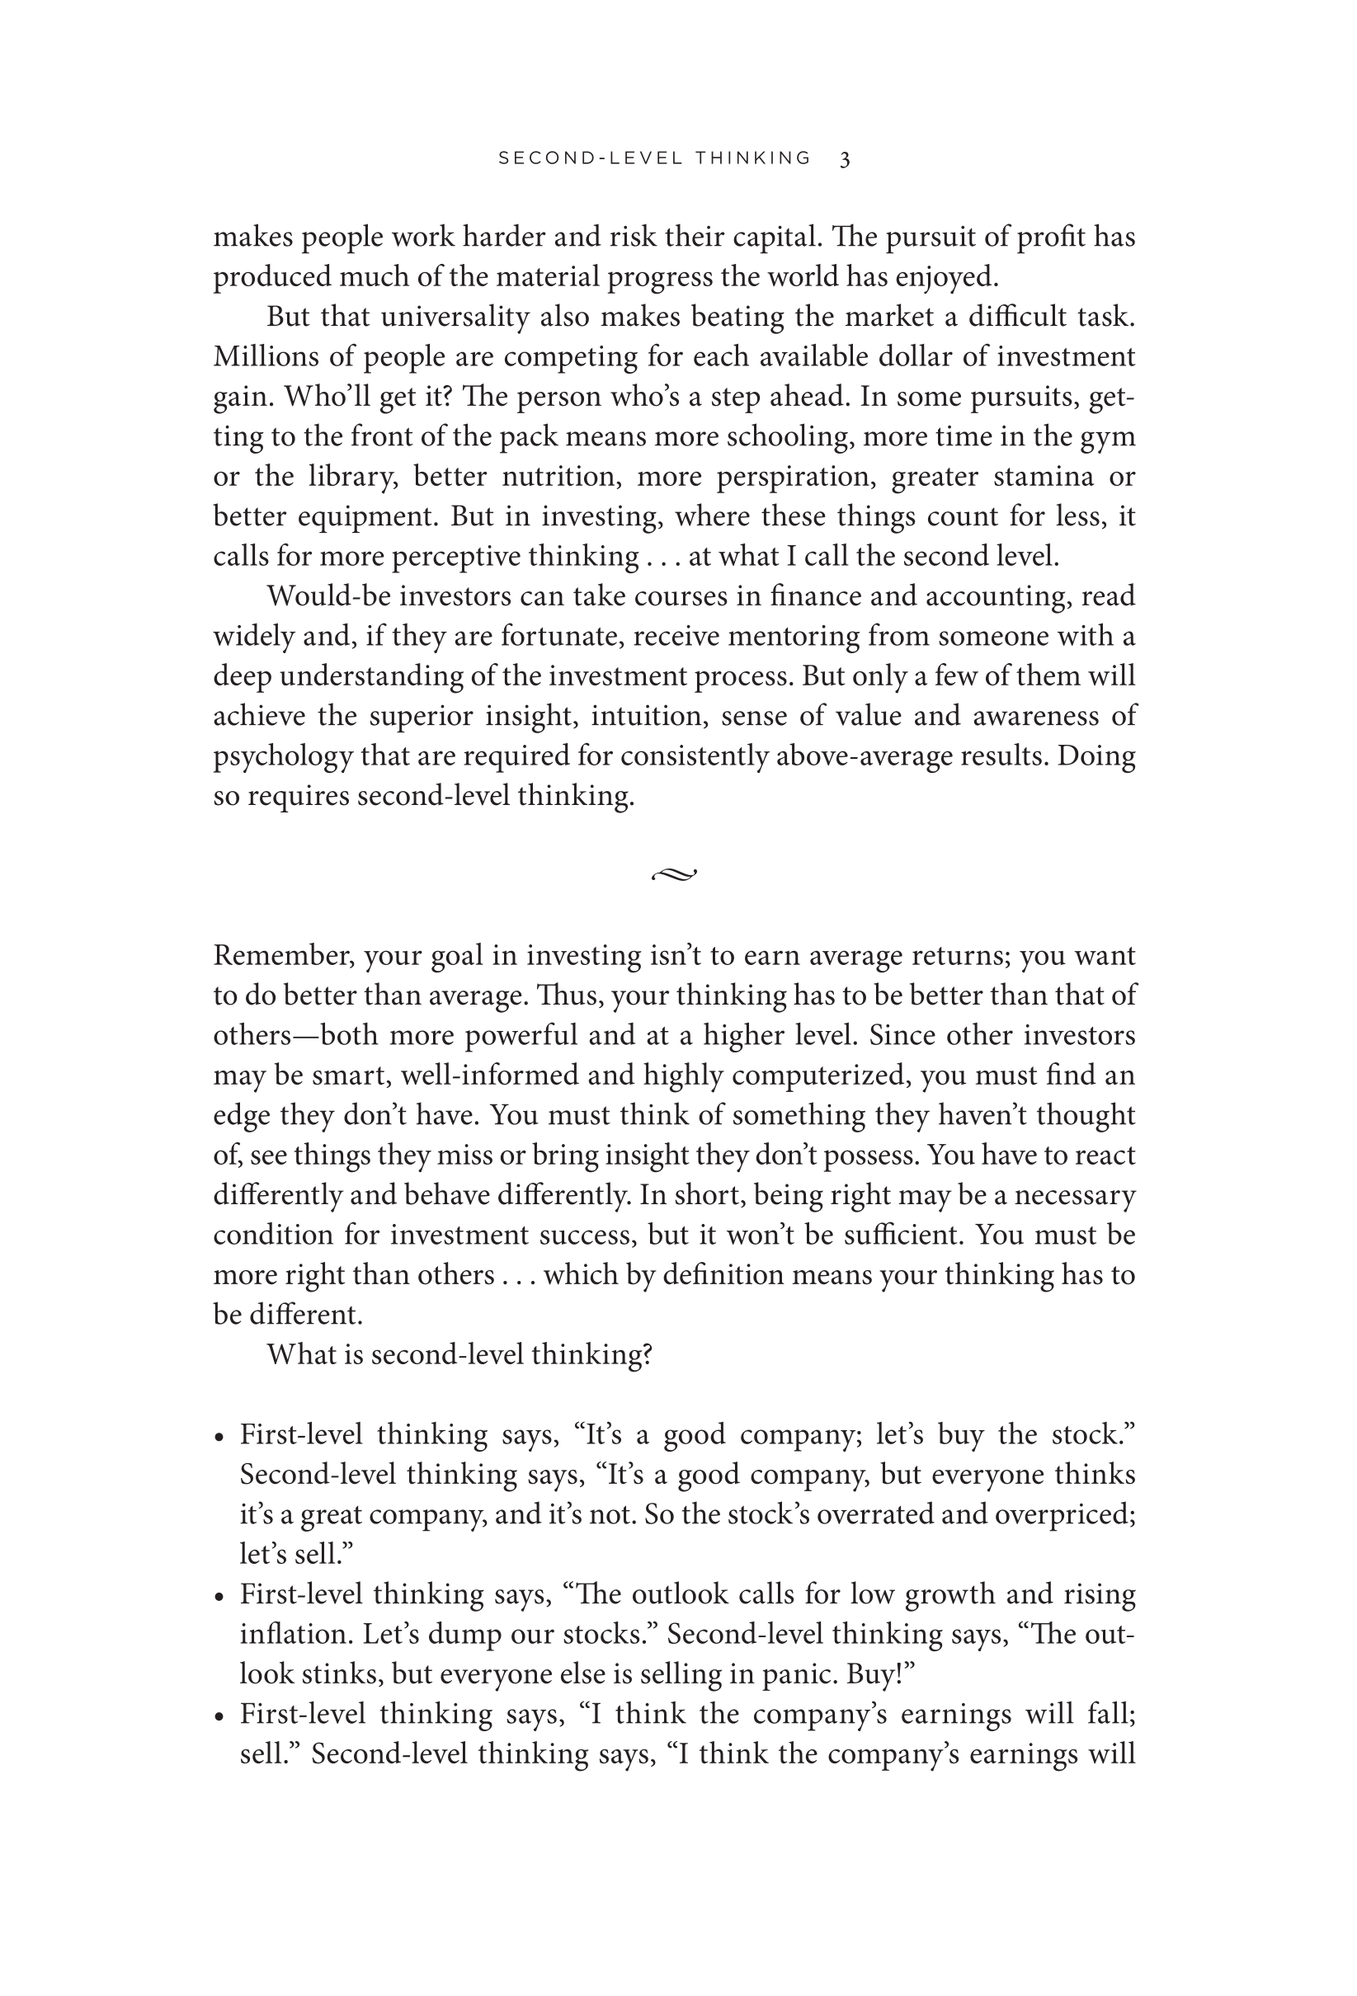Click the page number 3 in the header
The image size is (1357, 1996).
[845, 159]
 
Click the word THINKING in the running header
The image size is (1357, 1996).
[753, 158]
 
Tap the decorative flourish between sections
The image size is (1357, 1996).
[674, 875]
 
